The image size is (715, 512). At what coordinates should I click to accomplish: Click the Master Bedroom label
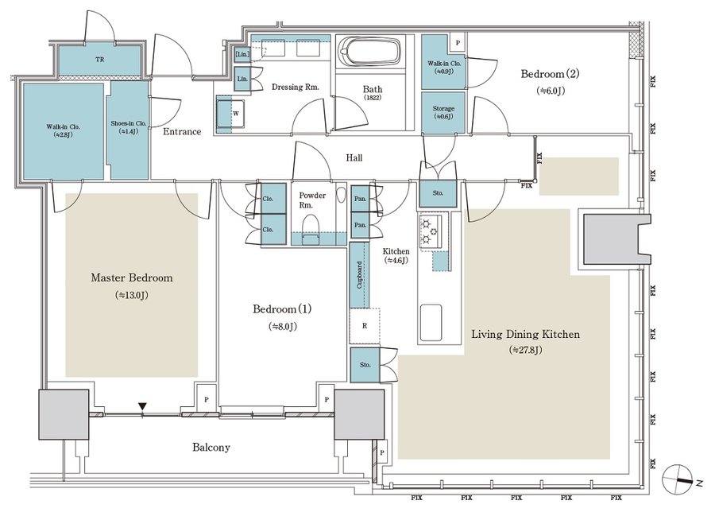tap(131, 278)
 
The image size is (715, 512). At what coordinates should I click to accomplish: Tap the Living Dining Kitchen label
tap(525, 335)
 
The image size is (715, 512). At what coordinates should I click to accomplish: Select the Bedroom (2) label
tap(551, 75)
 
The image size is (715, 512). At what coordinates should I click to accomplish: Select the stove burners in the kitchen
tap(430, 231)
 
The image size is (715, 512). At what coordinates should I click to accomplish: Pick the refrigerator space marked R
tap(364, 326)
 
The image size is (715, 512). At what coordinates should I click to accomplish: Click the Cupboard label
tap(360, 276)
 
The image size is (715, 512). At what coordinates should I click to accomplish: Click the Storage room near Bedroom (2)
tap(443, 112)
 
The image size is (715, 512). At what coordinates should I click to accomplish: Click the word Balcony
tap(211, 448)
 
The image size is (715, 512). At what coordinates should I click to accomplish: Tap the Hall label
tap(354, 158)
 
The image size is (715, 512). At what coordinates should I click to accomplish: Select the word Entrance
tap(183, 131)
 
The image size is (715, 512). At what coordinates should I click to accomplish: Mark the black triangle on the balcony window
tap(142, 408)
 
